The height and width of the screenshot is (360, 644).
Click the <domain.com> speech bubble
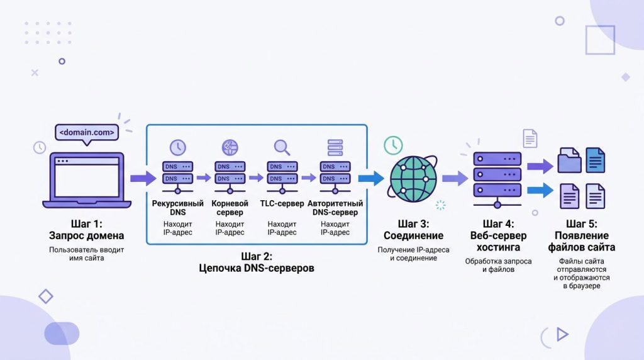coord(87,133)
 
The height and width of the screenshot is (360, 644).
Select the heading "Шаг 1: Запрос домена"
coord(87,230)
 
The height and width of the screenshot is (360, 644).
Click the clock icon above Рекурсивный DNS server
coord(178,147)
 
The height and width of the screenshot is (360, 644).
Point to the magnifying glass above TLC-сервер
coord(282,147)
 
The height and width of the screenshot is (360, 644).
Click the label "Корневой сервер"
coord(230,208)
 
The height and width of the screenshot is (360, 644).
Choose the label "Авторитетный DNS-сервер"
coord(335,208)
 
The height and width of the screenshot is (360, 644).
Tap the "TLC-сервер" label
coord(282,204)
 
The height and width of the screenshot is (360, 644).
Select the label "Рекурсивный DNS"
coord(178,208)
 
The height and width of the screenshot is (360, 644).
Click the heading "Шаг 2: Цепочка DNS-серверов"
coord(257,262)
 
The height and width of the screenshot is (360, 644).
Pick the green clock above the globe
coord(394,145)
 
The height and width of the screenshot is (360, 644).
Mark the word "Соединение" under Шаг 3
coord(413,235)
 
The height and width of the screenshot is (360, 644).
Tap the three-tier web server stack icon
coord(497,174)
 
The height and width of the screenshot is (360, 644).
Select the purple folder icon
coord(570,160)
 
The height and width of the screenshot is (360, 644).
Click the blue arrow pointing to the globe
coord(371,178)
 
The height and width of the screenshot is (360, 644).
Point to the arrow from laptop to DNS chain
coord(143,178)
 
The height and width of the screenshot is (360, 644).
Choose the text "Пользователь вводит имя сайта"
coord(87,254)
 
